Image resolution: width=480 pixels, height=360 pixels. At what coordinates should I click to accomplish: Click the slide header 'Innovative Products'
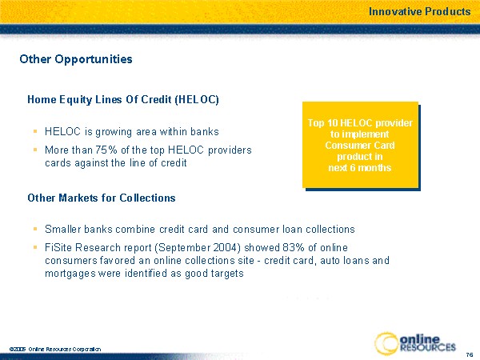(x=419, y=12)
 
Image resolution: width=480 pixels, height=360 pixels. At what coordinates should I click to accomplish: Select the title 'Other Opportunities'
(x=76, y=59)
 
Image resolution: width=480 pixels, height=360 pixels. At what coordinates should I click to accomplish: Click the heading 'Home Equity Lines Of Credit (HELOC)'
(x=123, y=100)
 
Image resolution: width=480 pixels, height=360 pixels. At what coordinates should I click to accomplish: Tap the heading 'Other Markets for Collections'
(x=102, y=198)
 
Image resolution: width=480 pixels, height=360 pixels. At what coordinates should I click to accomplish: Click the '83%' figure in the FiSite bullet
(x=294, y=247)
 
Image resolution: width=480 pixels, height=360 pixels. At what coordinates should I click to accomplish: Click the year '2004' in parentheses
(x=224, y=247)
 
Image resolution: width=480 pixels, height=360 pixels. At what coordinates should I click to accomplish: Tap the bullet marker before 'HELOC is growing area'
(x=35, y=131)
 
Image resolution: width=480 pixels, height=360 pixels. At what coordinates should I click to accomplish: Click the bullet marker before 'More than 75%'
(x=35, y=150)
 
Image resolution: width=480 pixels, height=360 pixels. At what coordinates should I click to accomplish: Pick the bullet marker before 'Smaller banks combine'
(x=35, y=229)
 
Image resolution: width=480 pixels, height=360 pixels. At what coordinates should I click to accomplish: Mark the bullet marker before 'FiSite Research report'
(x=35, y=246)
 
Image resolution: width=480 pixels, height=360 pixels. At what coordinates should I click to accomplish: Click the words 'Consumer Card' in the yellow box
(x=360, y=145)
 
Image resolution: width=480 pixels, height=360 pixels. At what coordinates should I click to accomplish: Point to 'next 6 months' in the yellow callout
(x=360, y=168)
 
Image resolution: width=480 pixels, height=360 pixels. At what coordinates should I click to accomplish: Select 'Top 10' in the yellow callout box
(x=322, y=123)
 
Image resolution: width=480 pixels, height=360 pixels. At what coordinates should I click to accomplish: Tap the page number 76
(x=470, y=355)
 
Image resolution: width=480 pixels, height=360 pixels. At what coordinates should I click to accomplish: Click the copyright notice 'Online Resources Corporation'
(x=65, y=349)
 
